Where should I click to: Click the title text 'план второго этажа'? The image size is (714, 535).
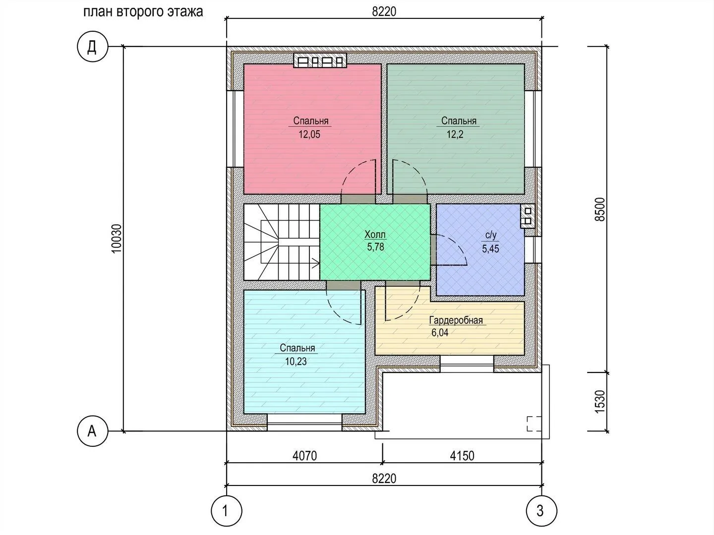[143, 12]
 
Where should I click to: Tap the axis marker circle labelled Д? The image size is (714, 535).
[92, 47]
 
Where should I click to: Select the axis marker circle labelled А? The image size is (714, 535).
[92, 431]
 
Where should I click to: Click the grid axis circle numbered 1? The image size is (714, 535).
[227, 511]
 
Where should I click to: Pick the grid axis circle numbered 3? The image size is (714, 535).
[541, 511]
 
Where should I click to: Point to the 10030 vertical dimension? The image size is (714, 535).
[117, 239]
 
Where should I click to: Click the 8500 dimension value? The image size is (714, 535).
[600, 210]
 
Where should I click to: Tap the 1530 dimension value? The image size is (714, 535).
[600, 401]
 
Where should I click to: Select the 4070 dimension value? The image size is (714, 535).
[304, 456]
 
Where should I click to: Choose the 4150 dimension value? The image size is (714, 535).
[462, 456]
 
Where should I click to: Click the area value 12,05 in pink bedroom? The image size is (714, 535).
[309, 134]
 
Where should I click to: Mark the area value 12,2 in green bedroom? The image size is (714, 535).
[455, 134]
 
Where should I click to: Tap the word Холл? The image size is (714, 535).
[375, 234]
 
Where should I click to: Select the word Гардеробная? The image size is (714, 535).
[456, 321]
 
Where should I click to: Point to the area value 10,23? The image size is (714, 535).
[296, 361]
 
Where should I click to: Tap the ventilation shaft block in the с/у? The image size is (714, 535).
[528, 216]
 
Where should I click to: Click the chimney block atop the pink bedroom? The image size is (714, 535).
[320, 60]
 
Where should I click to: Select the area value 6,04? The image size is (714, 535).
[440, 332]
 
